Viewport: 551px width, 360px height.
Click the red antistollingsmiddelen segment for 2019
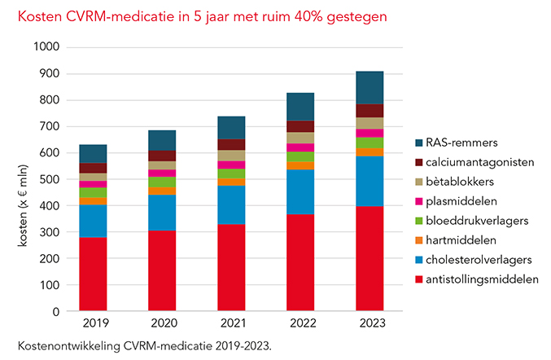click(x=92, y=274)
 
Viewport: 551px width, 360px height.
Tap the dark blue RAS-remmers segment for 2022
click(x=300, y=107)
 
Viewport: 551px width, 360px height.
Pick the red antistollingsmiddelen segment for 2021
click(x=231, y=267)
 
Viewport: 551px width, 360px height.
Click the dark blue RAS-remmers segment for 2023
click(x=370, y=88)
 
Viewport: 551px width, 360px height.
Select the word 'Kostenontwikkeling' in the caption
click(x=61, y=345)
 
